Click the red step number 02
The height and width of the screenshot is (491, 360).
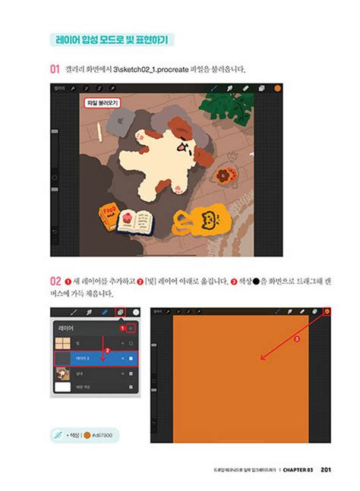click(x=55, y=279)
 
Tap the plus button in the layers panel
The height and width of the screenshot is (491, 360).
click(x=131, y=328)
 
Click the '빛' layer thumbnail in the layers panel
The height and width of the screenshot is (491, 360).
click(x=62, y=342)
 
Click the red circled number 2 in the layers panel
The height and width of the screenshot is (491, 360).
click(x=108, y=350)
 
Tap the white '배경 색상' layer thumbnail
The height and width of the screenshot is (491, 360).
click(x=62, y=387)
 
